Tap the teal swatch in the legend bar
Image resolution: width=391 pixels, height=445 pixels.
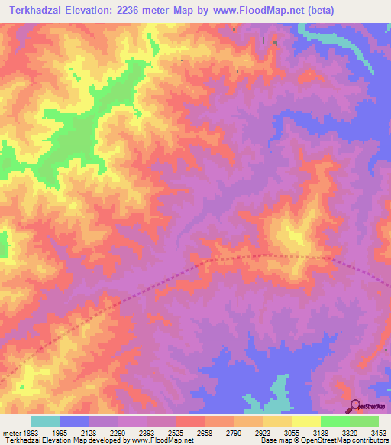45,421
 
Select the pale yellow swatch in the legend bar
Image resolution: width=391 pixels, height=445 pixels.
306,421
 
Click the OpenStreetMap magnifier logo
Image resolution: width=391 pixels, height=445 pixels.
355,405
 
